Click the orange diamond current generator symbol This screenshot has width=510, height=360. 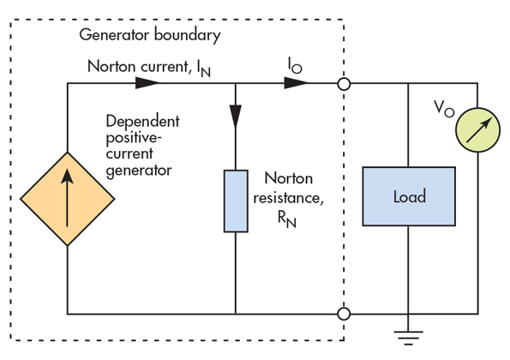[68, 199]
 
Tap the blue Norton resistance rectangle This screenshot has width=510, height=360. [236, 201]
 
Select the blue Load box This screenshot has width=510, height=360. [409, 196]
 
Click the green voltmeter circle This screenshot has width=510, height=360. [477, 129]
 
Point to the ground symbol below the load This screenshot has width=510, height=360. [409, 338]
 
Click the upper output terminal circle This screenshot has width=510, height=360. [344, 84]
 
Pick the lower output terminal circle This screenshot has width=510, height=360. [344, 314]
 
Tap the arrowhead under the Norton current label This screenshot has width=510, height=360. [147, 83]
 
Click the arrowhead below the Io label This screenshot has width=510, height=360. [296, 83]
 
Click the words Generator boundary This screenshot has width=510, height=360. [150, 35]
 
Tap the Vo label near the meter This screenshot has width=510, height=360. [444, 108]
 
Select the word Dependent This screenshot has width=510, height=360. [142, 121]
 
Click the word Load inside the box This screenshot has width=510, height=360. [410, 196]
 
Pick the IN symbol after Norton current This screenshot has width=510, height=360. [204, 69]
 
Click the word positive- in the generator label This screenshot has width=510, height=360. [134, 139]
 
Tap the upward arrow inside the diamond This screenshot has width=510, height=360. [67, 198]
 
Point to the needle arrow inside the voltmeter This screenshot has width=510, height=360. [479, 130]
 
